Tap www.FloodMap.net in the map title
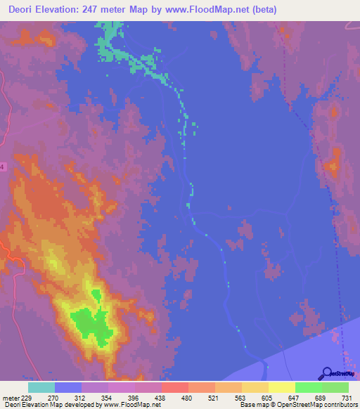point(214,10)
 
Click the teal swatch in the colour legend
point(41,387)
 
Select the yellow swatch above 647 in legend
point(282,387)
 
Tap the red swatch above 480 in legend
point(175,387)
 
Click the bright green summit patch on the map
point(91,324)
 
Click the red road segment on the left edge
point(4,247)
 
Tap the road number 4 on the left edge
point(2,167)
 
